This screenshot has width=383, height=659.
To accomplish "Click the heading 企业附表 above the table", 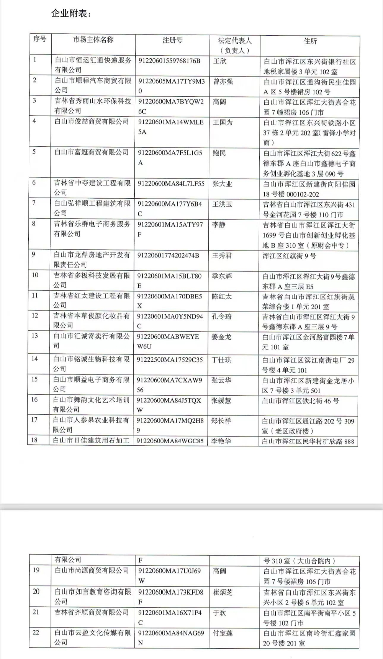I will (71, 13).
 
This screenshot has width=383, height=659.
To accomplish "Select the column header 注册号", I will (172, 40).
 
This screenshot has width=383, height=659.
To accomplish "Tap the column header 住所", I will (310, 41).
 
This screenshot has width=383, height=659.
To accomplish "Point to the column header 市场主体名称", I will (93, 40).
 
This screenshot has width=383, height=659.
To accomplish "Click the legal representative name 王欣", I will (220, 61).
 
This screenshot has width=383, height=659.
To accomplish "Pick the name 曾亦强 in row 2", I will (223, 81).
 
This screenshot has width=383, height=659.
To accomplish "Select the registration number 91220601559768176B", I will (169, 61).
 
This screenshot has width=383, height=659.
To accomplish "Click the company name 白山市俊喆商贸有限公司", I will (92, 122).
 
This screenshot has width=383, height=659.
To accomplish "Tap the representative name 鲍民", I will (219, 153).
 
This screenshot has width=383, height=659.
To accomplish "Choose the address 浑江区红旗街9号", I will (289, 256).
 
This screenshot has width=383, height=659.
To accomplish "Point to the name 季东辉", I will (222, 276).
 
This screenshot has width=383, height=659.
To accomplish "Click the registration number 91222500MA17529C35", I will (170, 360).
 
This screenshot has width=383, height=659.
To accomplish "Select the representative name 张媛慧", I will (221, 400).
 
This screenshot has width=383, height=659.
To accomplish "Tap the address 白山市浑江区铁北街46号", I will (300, 401).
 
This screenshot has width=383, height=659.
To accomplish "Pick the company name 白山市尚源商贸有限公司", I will (92, 570).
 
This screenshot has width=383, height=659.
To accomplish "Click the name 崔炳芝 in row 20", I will (223, 592).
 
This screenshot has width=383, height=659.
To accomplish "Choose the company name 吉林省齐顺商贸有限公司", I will (92, 613).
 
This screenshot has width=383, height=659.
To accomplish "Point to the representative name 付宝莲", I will (223, 633).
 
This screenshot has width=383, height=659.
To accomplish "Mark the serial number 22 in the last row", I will (36, 633).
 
